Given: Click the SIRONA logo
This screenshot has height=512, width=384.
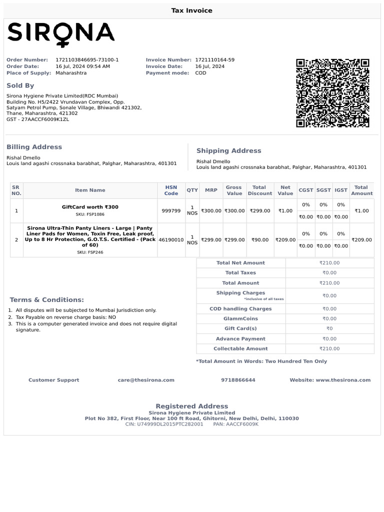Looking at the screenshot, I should pos(60,33).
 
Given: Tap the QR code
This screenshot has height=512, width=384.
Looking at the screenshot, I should pos(332,93).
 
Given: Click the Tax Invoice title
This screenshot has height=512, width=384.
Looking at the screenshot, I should pos(192,10).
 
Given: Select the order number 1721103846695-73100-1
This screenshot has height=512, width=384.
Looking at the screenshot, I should pos(87,60).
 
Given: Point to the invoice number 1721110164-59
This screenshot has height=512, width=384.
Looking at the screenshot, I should pos(214,60).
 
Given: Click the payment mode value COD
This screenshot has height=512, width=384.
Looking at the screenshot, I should pos(200,73).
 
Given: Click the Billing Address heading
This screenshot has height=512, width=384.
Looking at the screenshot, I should pos(34,147).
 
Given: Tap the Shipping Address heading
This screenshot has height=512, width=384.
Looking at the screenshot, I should pos(228,150).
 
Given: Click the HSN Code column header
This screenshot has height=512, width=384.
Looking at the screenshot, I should pos(171,190).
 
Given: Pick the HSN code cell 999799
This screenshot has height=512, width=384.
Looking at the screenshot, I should pos(171,211).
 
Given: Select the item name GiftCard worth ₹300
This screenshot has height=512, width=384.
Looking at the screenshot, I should pos(90,207).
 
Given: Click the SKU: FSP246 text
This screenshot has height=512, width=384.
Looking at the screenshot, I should pos(90,252).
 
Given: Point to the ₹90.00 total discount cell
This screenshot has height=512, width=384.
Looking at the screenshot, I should pos(260,240).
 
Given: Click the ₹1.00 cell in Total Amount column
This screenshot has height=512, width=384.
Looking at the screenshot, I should pos(361,211).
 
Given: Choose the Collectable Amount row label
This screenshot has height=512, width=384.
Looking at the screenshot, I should pos(240,349).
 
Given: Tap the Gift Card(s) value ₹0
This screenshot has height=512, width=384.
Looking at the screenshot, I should pos(329,328).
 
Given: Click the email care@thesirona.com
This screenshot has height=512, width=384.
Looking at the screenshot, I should pos(146,380).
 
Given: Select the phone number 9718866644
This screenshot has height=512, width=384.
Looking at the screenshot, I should pos(238,380).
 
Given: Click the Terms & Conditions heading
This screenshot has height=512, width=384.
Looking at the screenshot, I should pos(47,300).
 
